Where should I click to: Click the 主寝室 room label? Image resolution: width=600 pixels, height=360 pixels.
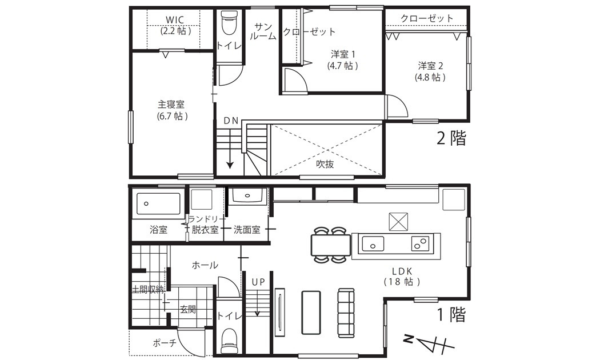(171, 105)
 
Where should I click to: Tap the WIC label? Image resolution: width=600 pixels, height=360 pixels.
(175, 19)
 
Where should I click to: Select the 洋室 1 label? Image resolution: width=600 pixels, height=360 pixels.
(343, 54)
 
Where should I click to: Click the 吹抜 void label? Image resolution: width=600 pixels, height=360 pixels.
(325, 164)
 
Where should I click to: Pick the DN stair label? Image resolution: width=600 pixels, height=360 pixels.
(231, 121)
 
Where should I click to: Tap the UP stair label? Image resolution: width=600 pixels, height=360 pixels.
(258, 282)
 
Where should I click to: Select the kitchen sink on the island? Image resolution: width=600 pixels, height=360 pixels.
(373, 244)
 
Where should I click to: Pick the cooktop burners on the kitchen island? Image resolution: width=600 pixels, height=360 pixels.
(421, 243)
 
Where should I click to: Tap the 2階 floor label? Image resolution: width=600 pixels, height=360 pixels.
(451, 138)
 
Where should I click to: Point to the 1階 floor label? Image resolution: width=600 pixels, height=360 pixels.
(451, 315)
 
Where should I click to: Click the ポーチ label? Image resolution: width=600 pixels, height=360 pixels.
(165, 343)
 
